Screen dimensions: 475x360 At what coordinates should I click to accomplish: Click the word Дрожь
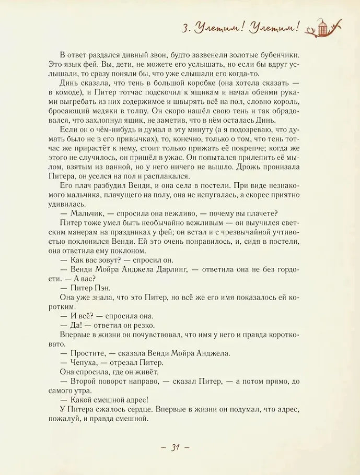click(x=248, y=167)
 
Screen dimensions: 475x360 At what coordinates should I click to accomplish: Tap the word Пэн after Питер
click(x=99, y=287)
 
